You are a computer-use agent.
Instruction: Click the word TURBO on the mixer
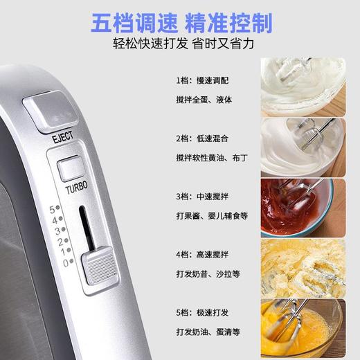pyautogui.click(x=75, y=188)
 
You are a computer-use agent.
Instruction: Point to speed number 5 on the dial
pyautogui.click(x=52, y=208)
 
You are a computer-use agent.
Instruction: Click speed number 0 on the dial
pyautogui.click(x=66, y=262)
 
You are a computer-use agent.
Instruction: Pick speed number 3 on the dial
pyautogui.click(x=57, y=230)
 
